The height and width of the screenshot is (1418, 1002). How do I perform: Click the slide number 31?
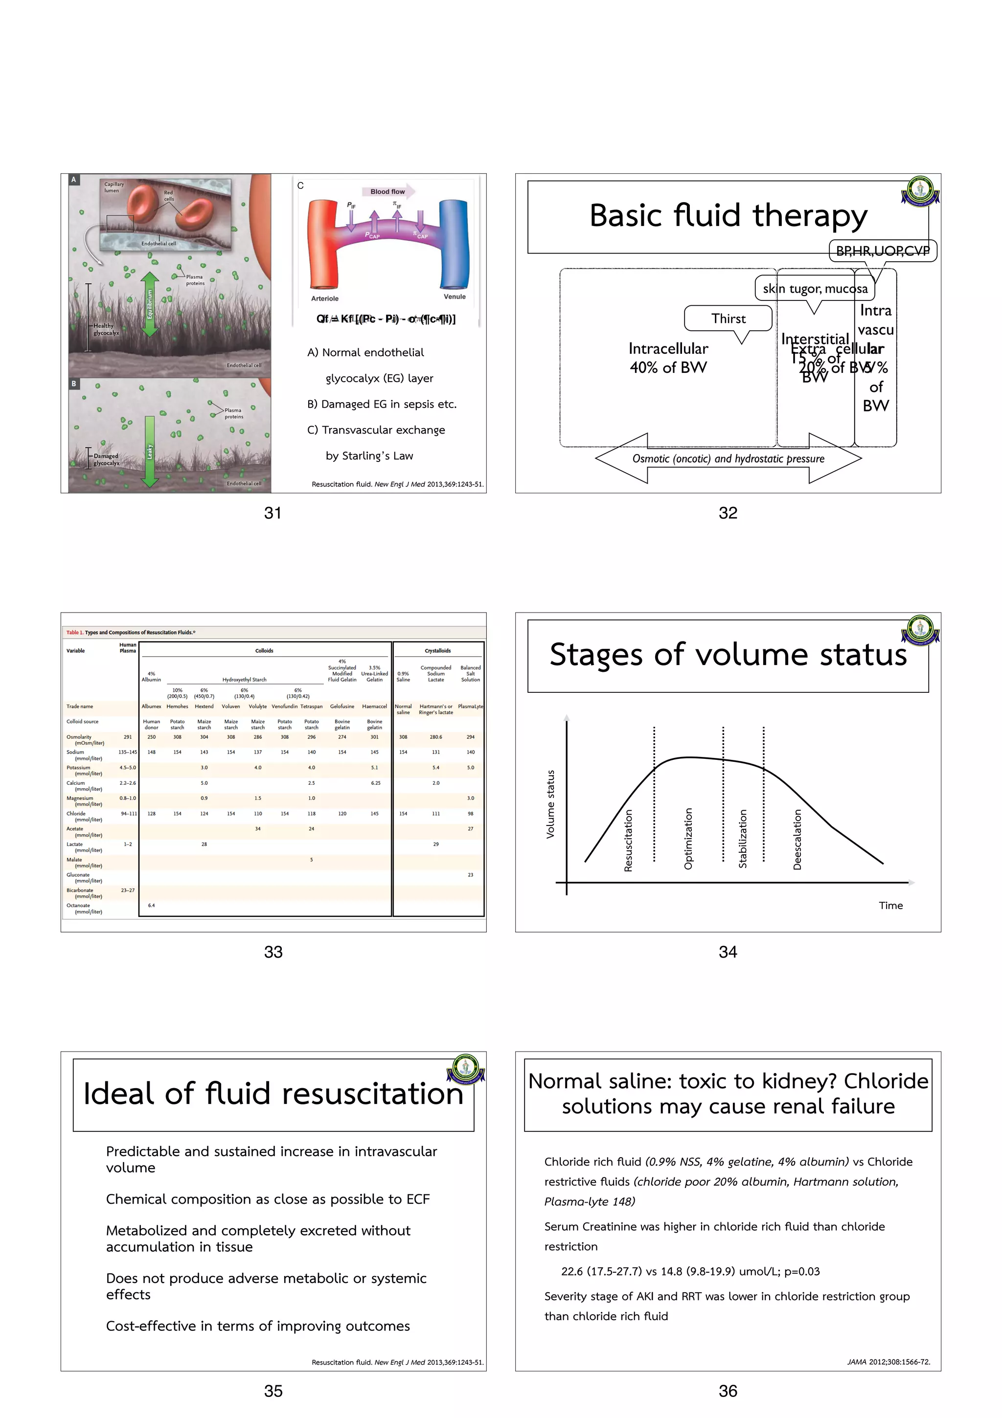click(273, 513)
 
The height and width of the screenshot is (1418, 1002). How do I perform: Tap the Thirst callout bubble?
click(729, 319)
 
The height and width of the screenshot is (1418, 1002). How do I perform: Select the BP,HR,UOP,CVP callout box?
click(882, 251)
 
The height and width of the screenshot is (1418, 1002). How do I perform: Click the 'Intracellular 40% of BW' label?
click(668, 358)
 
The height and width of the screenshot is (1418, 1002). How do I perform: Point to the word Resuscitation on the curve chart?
click(629, 840)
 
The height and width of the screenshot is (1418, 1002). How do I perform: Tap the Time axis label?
click(890, 905)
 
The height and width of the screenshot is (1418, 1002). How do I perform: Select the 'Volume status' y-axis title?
click(550, 804)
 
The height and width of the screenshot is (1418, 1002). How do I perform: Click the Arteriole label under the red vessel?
click(325, 299)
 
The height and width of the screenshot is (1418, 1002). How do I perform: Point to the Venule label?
click(455, 297)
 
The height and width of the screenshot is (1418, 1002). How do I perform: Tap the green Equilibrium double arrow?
click(149, 304)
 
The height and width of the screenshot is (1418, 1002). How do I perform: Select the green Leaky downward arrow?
click(149, 452)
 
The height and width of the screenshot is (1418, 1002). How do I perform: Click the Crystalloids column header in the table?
click(438, 650)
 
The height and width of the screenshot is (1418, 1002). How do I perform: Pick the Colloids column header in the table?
click(264, 650)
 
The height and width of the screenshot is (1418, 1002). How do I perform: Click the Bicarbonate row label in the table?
click(80, 891)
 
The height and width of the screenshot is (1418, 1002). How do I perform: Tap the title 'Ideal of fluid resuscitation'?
click(273, 1094)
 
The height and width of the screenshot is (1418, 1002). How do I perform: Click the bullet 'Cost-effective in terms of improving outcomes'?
click(258, 1326)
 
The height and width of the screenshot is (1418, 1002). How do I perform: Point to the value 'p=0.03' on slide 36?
click(802, 1271)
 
